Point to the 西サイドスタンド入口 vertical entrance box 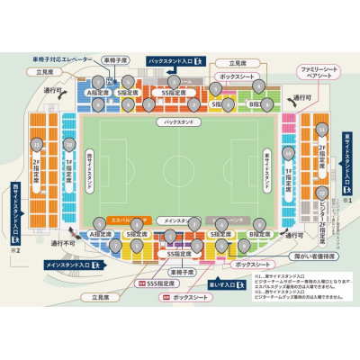pos(15,213)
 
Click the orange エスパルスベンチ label pos(128,220)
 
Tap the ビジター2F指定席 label pos(321,212)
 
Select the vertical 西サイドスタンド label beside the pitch pos(88,167)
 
